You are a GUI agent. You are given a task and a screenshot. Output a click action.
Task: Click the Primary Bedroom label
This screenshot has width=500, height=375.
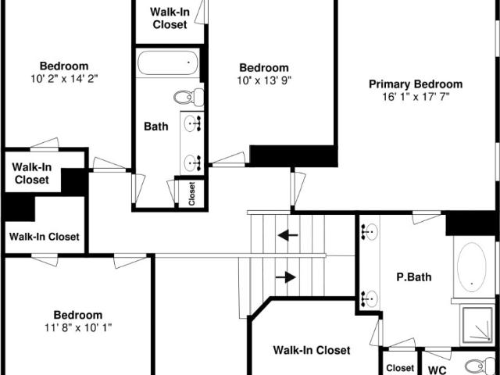[416, 84]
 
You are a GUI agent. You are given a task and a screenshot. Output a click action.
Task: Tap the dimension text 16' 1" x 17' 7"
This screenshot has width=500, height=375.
[416, 96]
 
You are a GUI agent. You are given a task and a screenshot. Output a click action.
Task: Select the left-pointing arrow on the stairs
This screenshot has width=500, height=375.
[287, 236]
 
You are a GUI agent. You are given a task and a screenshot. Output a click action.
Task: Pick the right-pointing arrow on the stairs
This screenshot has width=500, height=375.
[286, 277]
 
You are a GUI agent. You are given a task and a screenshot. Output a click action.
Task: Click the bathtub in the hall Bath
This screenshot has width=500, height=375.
[168, 62]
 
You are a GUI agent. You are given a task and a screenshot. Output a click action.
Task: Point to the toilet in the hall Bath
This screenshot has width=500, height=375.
[189, 97]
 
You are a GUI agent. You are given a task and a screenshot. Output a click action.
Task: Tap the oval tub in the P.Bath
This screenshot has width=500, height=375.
[472, 267]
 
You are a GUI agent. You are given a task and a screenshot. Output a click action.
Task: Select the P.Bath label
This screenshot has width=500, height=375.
[414, 277]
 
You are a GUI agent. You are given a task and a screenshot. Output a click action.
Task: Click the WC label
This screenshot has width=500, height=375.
[437, 370]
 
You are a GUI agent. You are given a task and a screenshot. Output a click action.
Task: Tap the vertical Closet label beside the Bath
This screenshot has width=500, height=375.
[191, 194]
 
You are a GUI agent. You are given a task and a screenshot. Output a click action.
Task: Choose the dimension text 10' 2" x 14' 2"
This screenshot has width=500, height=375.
[64, 78]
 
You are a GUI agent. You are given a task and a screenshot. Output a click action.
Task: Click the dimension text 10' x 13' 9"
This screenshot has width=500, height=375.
[264, 80]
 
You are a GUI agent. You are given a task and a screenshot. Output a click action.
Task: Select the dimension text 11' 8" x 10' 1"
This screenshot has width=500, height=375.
[78, 327]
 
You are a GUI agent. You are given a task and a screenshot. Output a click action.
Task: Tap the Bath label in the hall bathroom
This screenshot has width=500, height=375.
[156, 127]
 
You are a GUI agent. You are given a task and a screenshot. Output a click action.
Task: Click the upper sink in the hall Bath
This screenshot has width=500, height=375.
[192, 123]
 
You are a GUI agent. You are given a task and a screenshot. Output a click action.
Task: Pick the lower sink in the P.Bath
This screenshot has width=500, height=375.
[370, 298]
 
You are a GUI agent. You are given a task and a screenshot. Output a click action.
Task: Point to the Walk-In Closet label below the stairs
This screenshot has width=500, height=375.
[312, 350]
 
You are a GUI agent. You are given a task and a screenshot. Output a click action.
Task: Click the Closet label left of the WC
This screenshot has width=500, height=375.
[400, 368]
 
